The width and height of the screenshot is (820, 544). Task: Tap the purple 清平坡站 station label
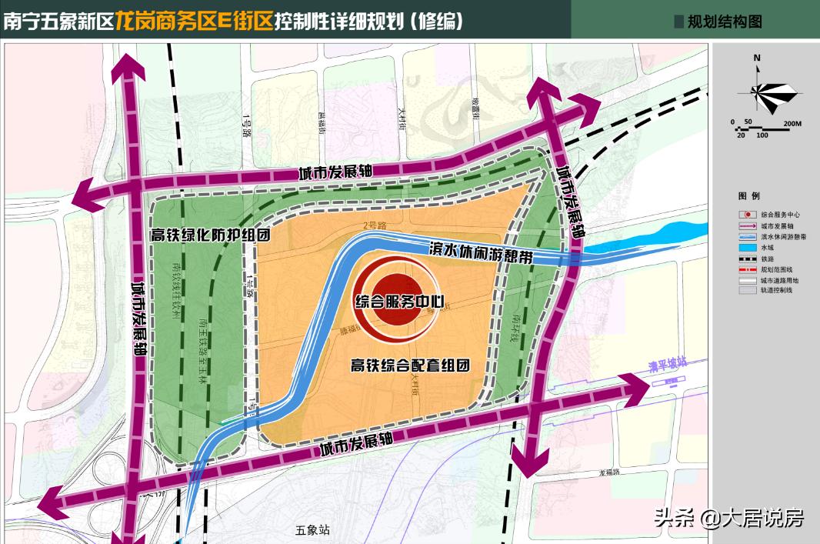tap(666, 370)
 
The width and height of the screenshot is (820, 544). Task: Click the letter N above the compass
tap(757, 58)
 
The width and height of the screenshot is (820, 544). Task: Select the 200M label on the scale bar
tap(792, 123)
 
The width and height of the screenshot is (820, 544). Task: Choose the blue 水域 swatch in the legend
tap(745, 249)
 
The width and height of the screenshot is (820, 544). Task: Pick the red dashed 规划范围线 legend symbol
tap(745, 270)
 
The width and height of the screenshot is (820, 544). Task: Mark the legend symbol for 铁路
tap(745, 259)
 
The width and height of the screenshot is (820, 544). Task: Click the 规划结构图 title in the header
tap(724, 22)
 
